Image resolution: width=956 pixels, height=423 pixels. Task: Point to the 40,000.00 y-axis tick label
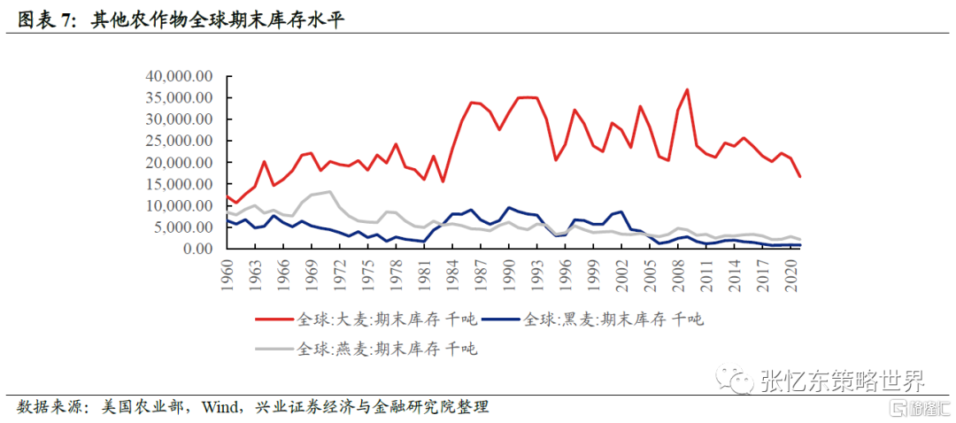(x=178, y=76)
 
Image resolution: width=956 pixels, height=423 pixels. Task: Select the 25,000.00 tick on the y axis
(x=178, y=141)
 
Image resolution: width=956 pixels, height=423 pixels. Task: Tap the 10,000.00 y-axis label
(x=178, y=205)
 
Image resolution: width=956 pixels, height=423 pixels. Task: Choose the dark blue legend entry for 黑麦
(x=611, y=319)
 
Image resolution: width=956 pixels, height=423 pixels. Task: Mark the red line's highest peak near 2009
(x=687, y=89)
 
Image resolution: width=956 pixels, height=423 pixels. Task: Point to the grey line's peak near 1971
(x=329, y=191)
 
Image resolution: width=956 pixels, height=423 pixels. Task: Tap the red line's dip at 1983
(x=443, y=181)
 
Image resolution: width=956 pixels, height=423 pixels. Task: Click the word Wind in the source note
(x=220, y=407)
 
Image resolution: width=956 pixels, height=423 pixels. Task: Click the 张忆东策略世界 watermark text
(x=842, y=381)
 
